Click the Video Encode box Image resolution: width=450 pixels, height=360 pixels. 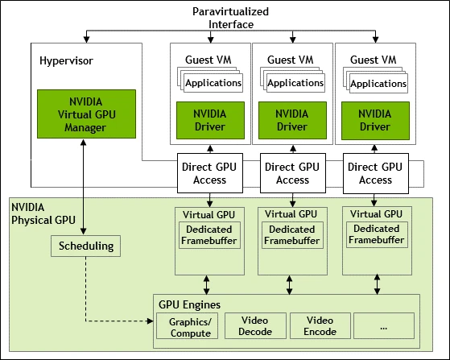[x=319, y=325]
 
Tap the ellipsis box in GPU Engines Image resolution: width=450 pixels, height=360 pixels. [x=383, y=325]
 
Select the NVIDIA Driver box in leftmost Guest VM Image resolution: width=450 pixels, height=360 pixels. [x=209, y=120]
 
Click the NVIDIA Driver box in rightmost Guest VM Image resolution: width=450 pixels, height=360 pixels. [x=375, y=120]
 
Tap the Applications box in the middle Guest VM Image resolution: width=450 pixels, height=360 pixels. [x=295, y=83]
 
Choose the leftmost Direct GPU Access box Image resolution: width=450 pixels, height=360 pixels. [x=209, y=174]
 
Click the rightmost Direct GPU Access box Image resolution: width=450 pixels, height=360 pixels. [x=375, y=174]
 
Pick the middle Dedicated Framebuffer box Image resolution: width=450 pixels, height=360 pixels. [x=292, y=235]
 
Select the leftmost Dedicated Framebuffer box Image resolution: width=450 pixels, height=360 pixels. [x=209, y=235]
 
